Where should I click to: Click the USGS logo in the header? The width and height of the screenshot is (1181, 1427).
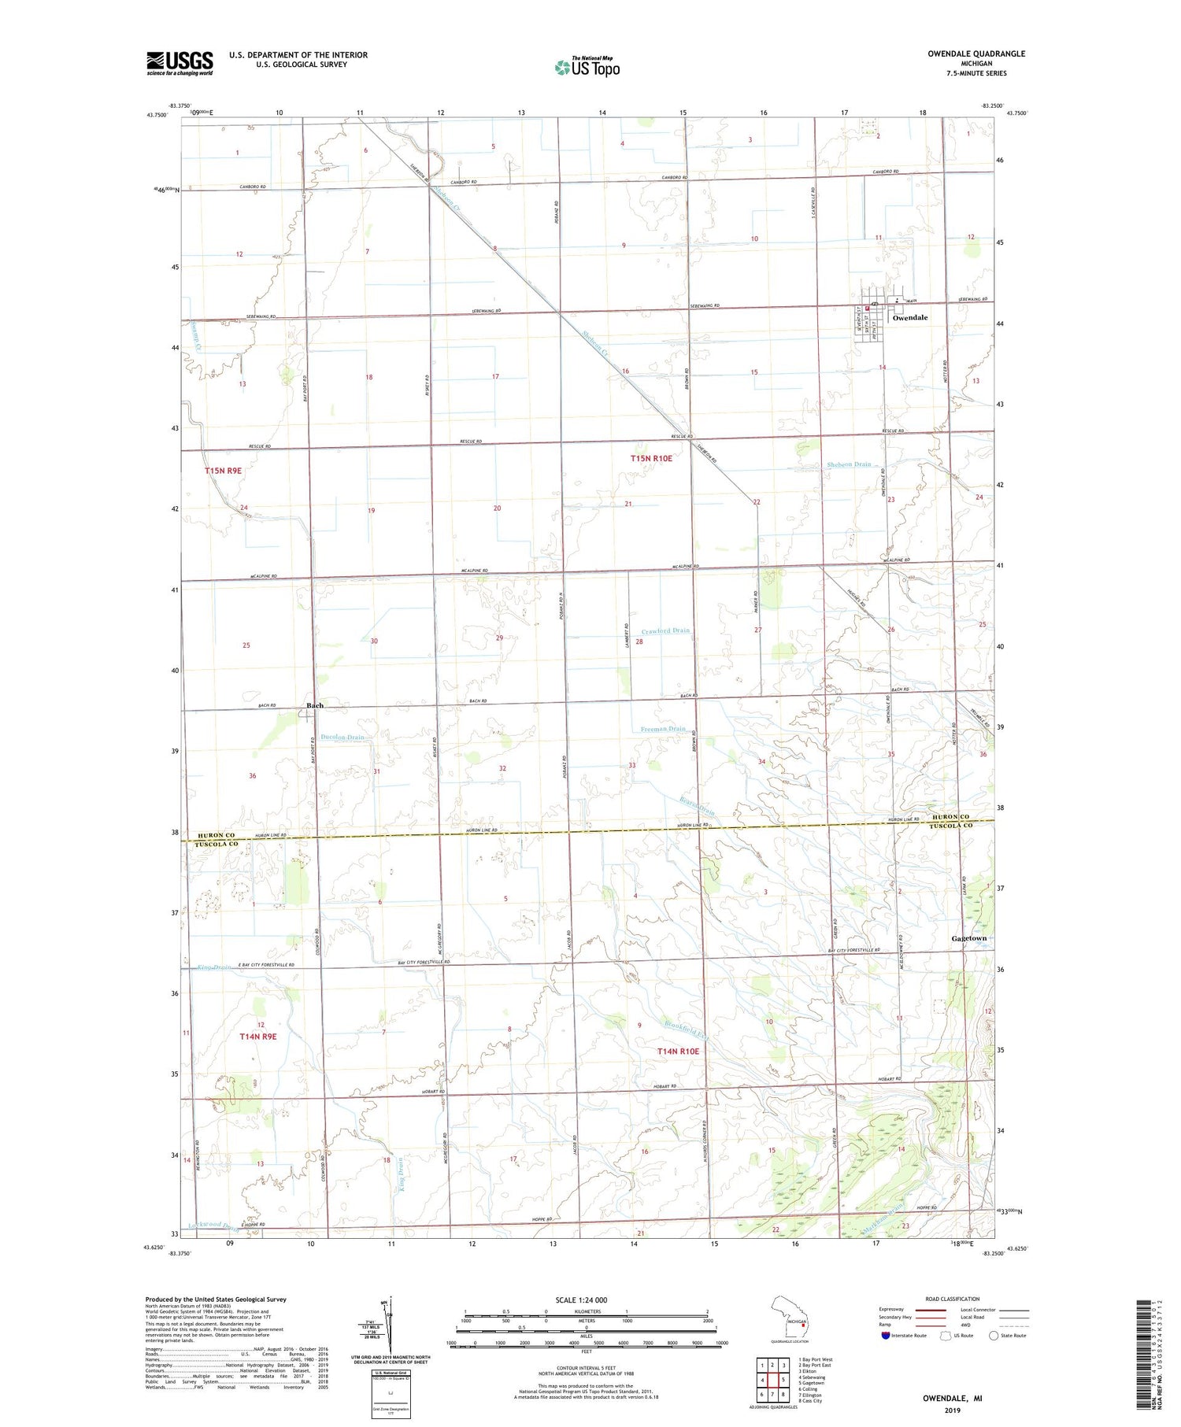180,63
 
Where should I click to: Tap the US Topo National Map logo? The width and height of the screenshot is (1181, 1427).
587,67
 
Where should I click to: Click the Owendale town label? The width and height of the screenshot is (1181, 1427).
909,318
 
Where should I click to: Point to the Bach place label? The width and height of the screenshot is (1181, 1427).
315,705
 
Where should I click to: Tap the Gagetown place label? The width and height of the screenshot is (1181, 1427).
968,939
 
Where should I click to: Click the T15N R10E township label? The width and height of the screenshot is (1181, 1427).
651,458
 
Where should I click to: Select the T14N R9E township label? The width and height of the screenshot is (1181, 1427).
258,1037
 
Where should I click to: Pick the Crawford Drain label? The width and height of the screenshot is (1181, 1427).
665,630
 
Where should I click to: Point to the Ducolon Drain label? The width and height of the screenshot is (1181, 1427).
342,738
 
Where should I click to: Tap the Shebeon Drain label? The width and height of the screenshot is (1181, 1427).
849,464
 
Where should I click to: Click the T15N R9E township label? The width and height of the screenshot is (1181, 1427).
223,471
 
